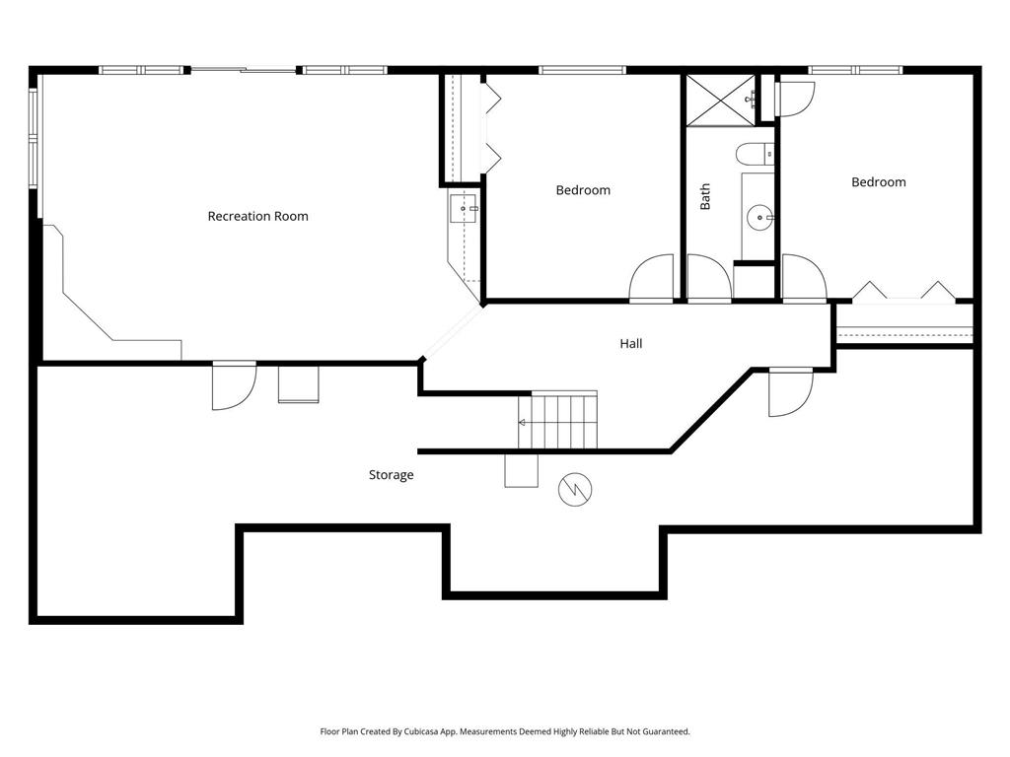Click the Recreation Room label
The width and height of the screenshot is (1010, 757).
[x=257, y=216]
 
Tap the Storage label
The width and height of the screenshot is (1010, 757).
[x=391, y=475]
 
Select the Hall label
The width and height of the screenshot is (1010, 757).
[x=631, y=344]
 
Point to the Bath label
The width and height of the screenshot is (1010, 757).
[x=705, y=196]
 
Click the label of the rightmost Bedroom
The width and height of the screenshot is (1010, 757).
[x=879, y=182]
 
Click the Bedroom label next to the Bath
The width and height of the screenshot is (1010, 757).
[x=583, y=190]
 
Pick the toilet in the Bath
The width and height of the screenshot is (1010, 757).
[x=755, y=154]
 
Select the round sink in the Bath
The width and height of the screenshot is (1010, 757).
[x=760, y=218]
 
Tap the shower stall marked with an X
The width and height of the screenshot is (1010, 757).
[x=721, y=100]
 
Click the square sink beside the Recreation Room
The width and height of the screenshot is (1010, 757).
[x=464, y=209]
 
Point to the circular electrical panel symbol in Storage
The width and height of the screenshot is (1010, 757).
[x=575, y=490]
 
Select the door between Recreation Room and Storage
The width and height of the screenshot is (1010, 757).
[x=234, y=385]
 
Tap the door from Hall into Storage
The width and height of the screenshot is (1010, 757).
[x=791, y=392]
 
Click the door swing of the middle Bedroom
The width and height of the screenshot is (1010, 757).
[x=651, y=278]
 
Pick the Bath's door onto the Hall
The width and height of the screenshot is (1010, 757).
[x=709, y=278]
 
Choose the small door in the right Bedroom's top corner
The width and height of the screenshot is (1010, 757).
[x=794, y=99]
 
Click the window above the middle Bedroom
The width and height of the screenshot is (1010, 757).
[x=582, y=70]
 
